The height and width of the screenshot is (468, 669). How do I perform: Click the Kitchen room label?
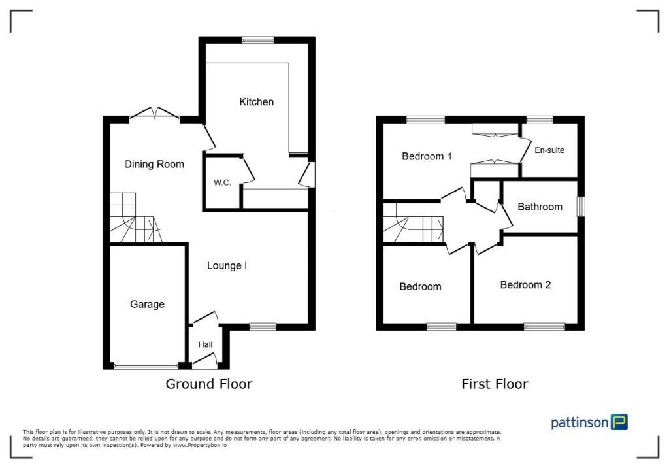tap(256, 102)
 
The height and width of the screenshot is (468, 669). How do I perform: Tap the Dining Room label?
tap(154, 165)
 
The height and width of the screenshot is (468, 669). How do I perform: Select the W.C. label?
tap(222, 183)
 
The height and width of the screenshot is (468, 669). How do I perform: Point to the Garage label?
tap(147, 304)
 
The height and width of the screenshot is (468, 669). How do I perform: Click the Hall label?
tap(204, 344)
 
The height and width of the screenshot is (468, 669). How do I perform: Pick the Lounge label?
tap(224, 266)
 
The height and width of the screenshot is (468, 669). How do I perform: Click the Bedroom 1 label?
tap(427, 156)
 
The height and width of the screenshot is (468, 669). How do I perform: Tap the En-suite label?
tap(549, 150)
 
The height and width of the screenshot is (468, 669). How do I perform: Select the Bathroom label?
tap(540, 207)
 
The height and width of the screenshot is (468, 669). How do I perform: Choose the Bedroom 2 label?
tap(525, 285)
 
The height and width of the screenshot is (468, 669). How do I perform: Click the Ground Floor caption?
tap(208, 384)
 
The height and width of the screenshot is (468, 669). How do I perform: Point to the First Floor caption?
tap(495, 384)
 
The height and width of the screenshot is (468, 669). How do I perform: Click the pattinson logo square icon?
tap(619, 422)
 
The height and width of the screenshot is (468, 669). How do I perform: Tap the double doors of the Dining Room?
tap(155, 115)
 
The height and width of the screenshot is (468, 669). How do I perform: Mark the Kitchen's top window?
tap(257, 40)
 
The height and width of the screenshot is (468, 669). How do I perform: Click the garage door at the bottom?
tap(146, 367)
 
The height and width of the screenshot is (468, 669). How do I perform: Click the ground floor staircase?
tap(134, 218)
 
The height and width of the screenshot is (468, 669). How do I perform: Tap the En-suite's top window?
tap(539, 120)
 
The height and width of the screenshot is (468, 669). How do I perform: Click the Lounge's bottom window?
tap(262, 326)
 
